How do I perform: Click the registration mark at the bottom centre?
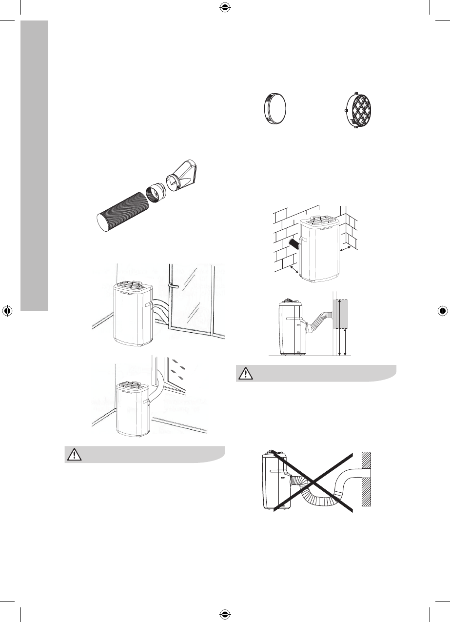pyautogui.click(x=224, y=614)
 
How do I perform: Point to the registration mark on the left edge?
pyautogui.click(x=8, y=311)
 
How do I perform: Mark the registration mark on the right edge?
pyautogui.click(x=442, y=311)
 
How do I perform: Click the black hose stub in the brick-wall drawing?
pyautogui.click(x=293, y=243)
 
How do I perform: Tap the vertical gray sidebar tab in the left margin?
pyautogui.click(x=35, y=166)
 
